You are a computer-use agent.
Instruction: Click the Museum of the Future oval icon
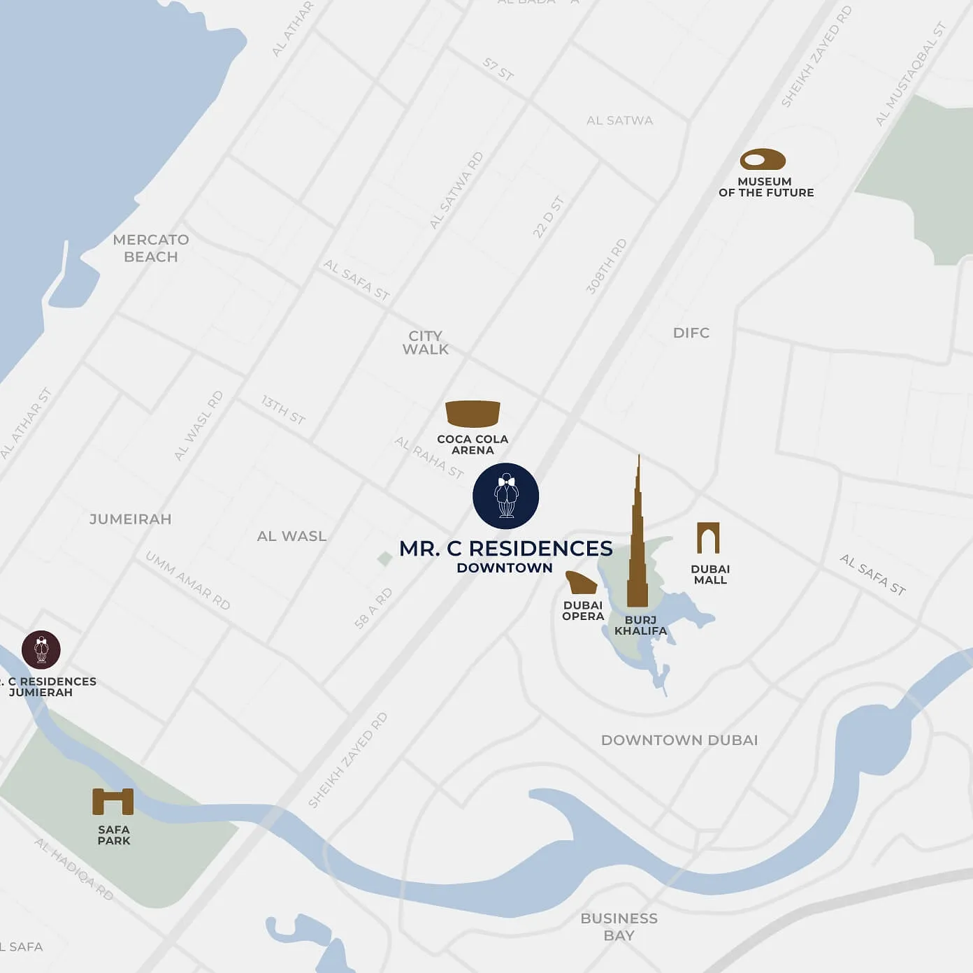pos(763,160)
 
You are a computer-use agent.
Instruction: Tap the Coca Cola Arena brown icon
pos(473,414)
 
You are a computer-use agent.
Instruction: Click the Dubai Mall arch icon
pos(708,538)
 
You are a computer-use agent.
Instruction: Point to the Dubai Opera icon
pos(581,582)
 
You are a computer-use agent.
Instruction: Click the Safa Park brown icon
pos(113,802)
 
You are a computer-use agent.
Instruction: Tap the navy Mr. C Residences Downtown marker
pos(505,496)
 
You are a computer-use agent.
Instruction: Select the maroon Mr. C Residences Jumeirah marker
pos(41,649)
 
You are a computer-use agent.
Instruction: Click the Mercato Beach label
pos(151,248)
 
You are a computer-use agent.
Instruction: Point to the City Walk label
pos(426,343)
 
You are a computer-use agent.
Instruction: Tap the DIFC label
pos(691,333)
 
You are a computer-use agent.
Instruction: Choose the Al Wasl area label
pos(291,536)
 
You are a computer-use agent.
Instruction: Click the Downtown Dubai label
pos(679,740)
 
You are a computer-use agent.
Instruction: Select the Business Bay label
pos(619,927)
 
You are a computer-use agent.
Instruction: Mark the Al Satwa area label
pos(619,120)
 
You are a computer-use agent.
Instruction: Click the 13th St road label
pos(283,410)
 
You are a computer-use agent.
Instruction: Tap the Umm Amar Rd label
pos(187,580)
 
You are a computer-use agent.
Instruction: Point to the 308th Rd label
pos(606,266)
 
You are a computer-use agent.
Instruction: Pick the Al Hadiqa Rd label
pos(74,869)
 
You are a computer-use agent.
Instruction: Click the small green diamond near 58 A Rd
pos(384,558)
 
